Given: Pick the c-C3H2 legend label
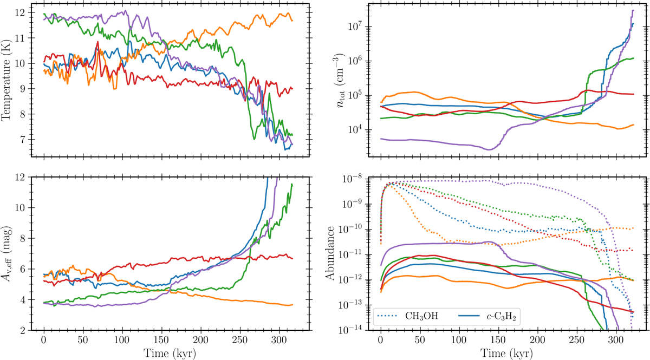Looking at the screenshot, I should [x=490, y=317].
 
